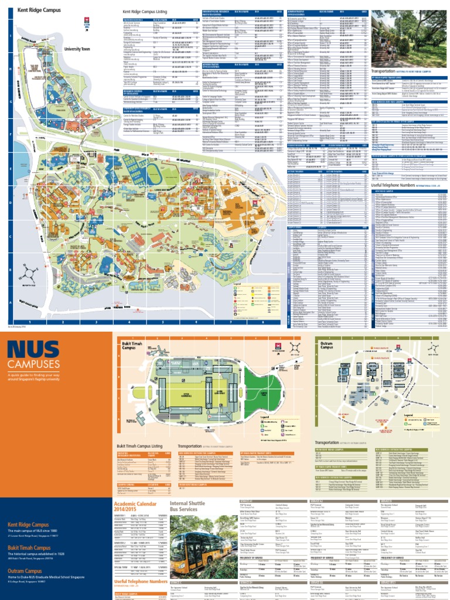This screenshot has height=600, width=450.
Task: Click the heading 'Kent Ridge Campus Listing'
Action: [143, 11]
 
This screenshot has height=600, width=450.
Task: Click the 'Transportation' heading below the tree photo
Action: [387, 71]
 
